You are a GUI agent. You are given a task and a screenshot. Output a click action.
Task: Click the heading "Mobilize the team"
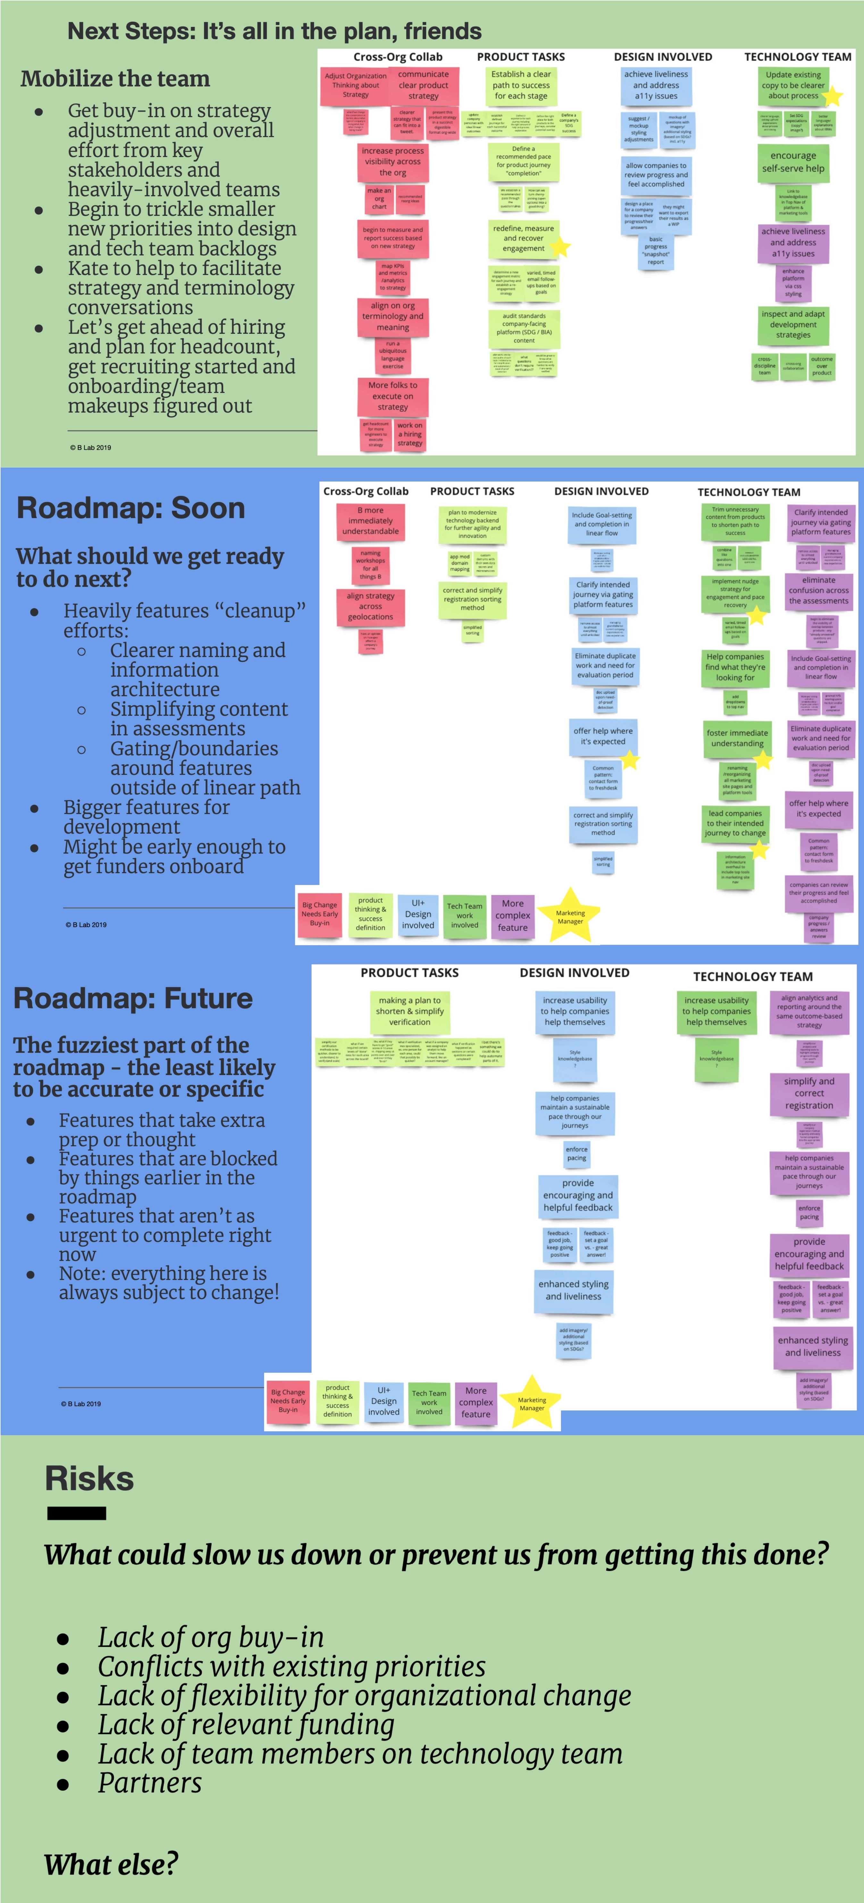(x=115, y=79)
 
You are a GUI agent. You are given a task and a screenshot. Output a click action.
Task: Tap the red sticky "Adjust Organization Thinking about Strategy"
(x=355, y=86)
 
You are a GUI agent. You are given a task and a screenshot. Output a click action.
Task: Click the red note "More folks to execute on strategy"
(x=393, y=396)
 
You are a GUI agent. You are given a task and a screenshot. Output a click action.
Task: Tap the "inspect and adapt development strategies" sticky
(x=793, y=324)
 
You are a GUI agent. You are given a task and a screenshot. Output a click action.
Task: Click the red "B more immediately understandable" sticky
(x=371, y=521)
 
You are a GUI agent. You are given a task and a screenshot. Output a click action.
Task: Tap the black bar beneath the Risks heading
(x=77, y=1514)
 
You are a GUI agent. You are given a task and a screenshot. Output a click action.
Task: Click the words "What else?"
(x=111, y=1864)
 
